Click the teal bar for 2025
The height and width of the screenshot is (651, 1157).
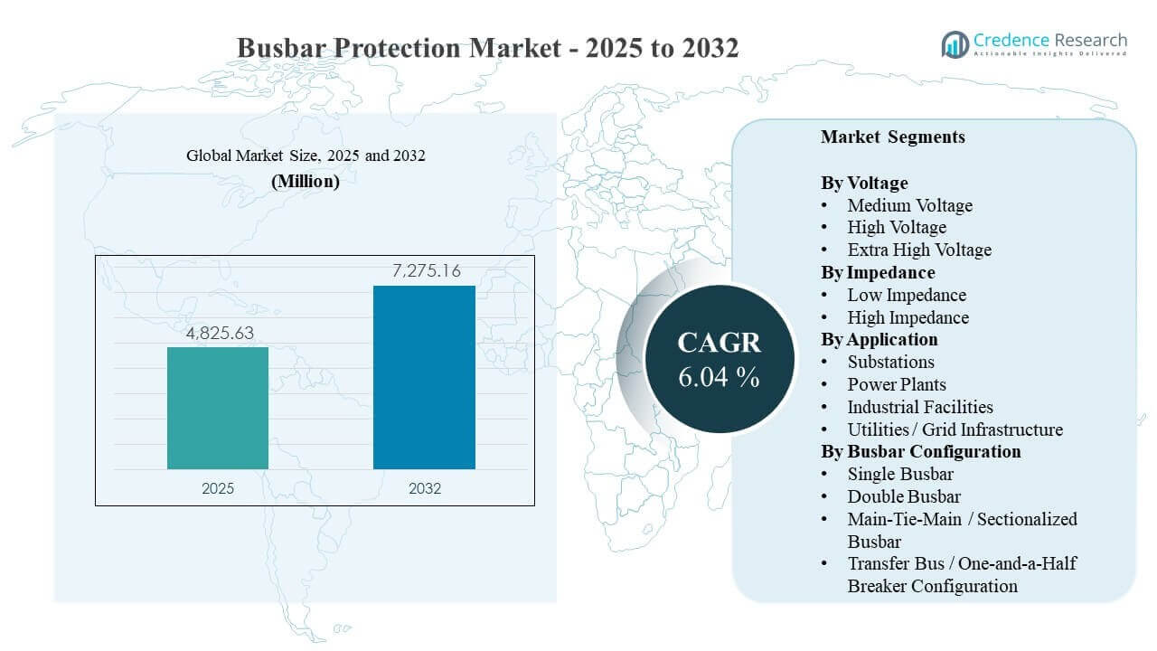click(218, 408)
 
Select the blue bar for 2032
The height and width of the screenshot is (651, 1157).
click(424, 377)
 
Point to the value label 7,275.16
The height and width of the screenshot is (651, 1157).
click(424, 271)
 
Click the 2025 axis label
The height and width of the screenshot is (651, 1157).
click(218, 488)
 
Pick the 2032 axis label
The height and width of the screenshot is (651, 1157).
click(424, 488)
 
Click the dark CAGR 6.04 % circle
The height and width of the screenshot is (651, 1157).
click(720, 358)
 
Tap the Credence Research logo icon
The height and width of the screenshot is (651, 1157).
click(955, 43)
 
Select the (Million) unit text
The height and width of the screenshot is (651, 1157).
click(306, 181)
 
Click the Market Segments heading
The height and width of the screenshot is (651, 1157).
click(892, 137)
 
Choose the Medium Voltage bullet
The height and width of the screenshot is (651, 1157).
click(909, 205)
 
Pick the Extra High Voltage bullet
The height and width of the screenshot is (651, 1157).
click(918, 250)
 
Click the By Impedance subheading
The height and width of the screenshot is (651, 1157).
click(878, 272)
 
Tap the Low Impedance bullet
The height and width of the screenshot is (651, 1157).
click(906, 295)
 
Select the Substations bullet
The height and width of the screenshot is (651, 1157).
click(890, 362)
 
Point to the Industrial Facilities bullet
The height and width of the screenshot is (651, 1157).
click(919, 407)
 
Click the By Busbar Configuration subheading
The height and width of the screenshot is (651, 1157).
click(920, 451)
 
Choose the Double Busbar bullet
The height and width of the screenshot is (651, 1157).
click(903, 496)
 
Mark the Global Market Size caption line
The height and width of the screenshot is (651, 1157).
click(306, 156)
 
